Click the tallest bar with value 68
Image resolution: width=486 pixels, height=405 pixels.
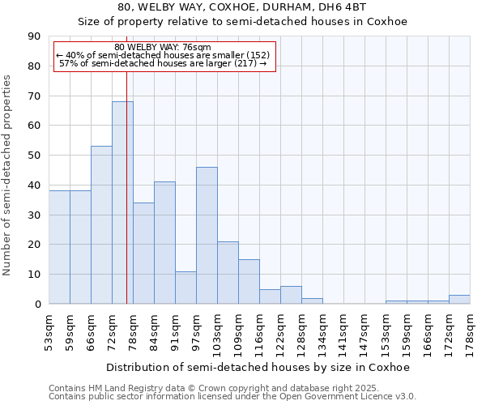122,202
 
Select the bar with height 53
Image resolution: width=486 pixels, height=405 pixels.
101,225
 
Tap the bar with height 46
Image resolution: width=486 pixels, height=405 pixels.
207,235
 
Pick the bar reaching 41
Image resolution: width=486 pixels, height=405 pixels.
164,243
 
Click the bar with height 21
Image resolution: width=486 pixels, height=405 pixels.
228,272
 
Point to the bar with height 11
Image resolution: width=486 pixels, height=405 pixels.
185,288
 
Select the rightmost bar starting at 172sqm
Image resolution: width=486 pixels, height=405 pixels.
459,299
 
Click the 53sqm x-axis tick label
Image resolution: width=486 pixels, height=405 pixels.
49,331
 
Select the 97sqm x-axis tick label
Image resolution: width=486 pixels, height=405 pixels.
196,331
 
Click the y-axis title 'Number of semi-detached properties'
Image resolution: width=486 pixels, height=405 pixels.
8,175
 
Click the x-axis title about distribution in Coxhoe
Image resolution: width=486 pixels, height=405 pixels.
258,368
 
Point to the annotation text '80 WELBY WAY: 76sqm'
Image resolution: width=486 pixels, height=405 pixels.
163,48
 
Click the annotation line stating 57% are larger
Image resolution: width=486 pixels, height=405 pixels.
163,63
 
